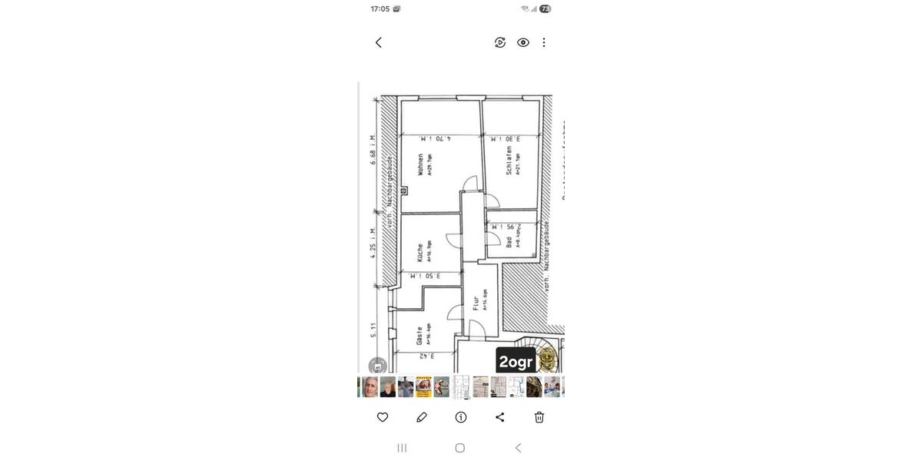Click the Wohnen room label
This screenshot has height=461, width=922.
point(420,164)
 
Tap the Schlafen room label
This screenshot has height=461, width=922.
point(509,161)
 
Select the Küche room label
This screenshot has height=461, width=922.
point(420,252)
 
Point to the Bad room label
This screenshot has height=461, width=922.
point(509,241)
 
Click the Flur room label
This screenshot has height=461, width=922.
point(476,303)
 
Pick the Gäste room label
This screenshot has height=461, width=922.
point(420,336)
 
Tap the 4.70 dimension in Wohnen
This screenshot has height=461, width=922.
point(436,139)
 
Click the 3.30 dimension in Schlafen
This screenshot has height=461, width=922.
point(506,139)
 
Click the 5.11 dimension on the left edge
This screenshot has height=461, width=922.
point(373,330)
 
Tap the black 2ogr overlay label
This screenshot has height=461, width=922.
point(516,361)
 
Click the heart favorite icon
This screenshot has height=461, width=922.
point(383,417)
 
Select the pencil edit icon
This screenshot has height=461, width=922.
point(422,417)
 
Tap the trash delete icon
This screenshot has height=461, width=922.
point(539,417)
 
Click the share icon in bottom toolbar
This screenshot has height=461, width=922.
point(500,417)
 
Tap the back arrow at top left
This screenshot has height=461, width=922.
point(378,42)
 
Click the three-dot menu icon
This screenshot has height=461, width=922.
point(544,42)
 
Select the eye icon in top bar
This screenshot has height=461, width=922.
point(523,42)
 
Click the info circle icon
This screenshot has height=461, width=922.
point(461,417)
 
